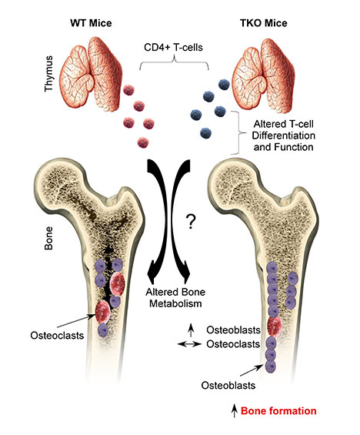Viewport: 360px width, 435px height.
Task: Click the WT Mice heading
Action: click(x=91, y=23)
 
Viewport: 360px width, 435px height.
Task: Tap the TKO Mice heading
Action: click(x=264, y=23)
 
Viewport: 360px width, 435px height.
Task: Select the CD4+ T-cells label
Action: click(x=173, y=47)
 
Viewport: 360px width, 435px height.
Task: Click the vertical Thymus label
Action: click(x=48, y=73)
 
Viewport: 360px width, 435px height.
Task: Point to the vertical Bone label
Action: click(x=48, y=238)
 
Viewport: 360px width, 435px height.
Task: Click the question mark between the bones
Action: click(x=191, y=222)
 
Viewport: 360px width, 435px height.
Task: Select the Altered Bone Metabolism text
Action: click(x=175, y=298)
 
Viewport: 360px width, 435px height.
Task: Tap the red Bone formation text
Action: click(x=278, y=410)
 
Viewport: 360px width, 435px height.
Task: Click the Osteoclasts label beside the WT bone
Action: click(x=57, y=335)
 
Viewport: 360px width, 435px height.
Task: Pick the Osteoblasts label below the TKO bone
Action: click(x=228, y=386)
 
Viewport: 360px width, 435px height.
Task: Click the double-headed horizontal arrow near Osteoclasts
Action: click(x=189, y=344)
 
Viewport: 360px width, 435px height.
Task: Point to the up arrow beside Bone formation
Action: click(x=235, y=410)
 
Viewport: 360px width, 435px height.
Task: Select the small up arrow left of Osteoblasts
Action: click(x=191, y=329)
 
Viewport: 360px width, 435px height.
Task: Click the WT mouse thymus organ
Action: click(x=92, y=75)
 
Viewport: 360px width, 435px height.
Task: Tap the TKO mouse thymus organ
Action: click(x=263, y=75)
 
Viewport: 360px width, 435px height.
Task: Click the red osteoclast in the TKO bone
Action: click(x=275, y=326)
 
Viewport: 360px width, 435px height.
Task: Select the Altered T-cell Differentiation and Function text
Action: click(x=284, y=136)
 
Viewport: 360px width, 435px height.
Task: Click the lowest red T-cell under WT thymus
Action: click(x=143, y=142)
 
